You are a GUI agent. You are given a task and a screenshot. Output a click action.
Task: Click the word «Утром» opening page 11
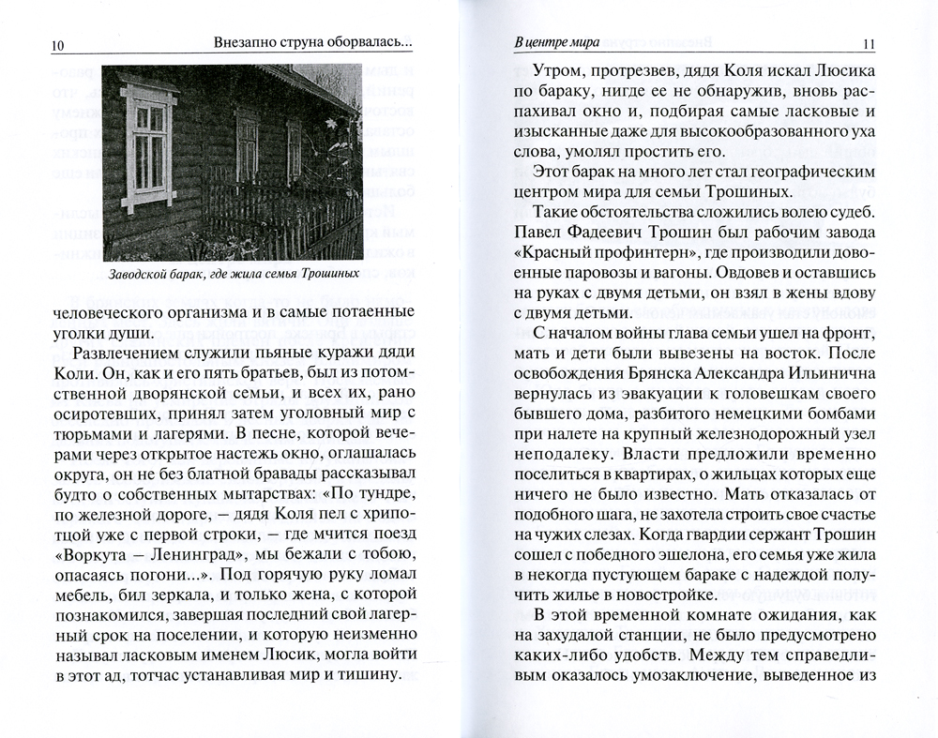[559, 72]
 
